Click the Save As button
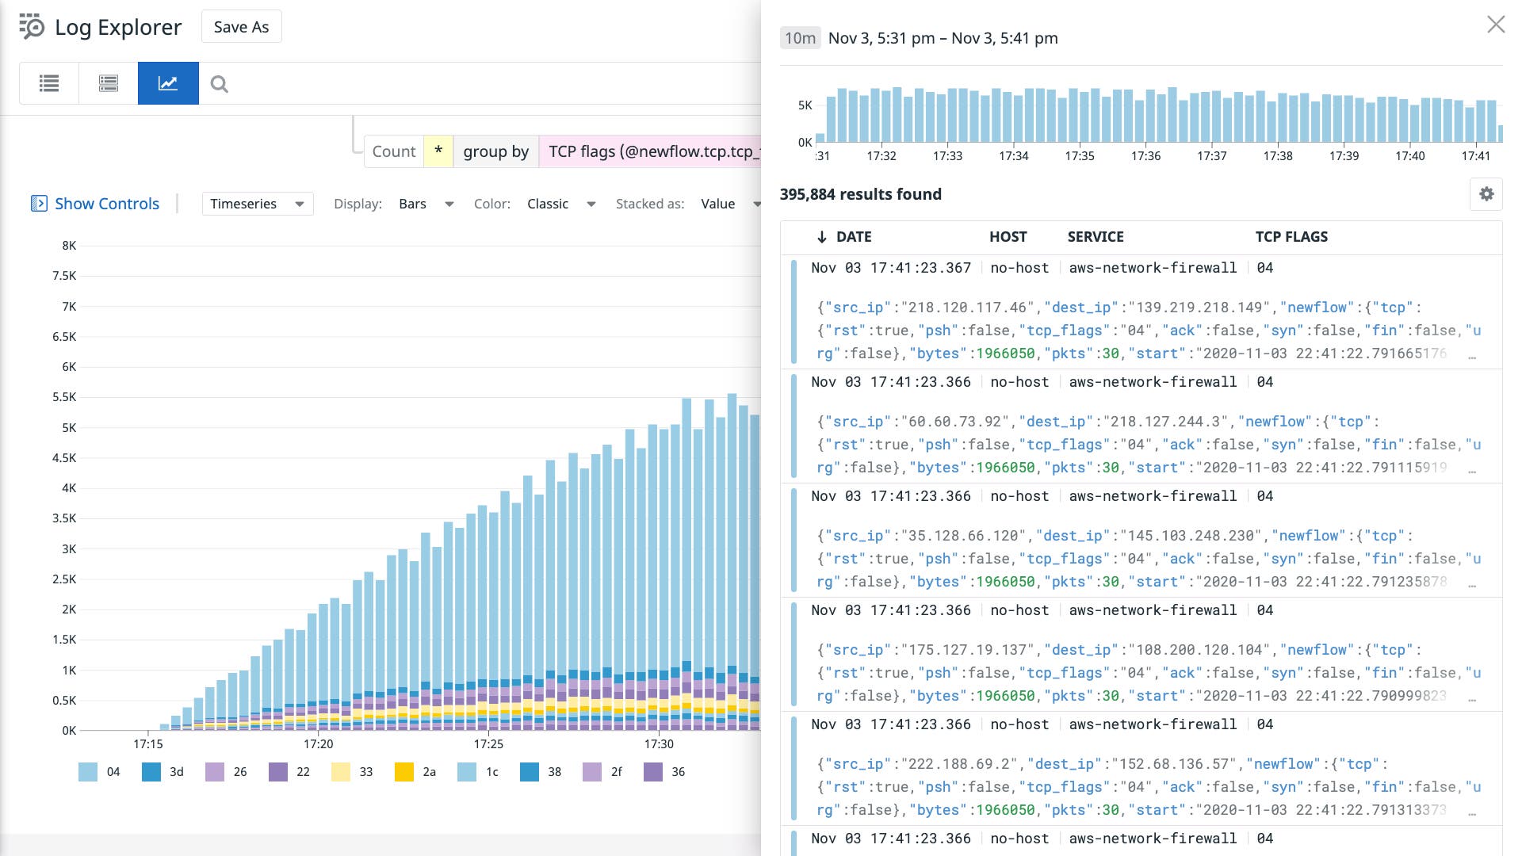click(241, 27)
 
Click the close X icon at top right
click(1495, 25)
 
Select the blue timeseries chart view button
click(168, 83)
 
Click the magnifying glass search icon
click(220, 84)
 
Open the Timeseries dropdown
click(257, 204)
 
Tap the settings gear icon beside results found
click(1486, 194)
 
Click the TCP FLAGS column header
click(1291, 236)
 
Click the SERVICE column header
click(1095, 236)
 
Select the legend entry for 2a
click(415, 771)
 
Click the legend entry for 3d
click(163, 771)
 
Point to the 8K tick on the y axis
click(69, 246)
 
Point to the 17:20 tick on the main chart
click(318, 743)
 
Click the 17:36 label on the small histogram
click(1145, 156)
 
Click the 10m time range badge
click(800, 38)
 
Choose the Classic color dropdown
click(560, 204)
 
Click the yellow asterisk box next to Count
click(438, 151)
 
